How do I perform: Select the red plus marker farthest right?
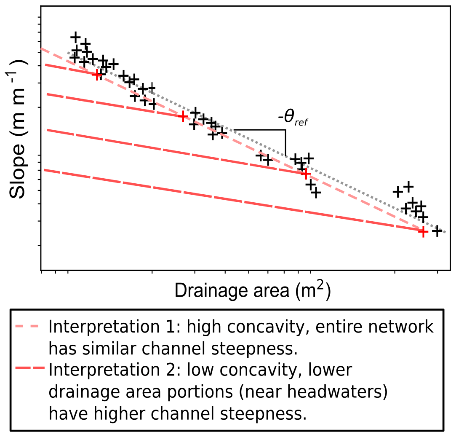(x=423, y=231)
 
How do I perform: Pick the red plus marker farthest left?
(x=98, y=75)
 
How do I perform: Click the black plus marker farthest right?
(x=437, y=231)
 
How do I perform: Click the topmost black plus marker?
(x=75, y=37)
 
